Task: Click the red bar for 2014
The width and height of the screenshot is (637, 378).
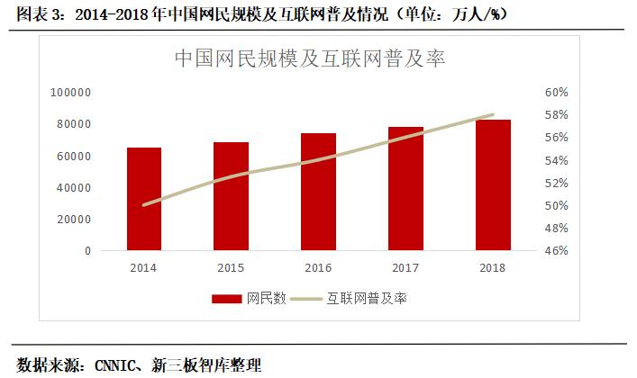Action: point(144,199)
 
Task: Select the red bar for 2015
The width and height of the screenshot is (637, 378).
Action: point(231,196)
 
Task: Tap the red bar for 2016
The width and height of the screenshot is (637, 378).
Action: point(318,192)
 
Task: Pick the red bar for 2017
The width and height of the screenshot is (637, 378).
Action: point(405,189)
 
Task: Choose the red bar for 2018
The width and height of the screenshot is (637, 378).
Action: point(493,184)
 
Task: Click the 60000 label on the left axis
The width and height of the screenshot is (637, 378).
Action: point(75,156)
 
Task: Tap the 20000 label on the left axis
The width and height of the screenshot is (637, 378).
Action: point(75,219)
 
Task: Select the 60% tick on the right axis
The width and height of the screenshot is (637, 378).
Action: point(557,93)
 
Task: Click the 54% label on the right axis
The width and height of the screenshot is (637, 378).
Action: point(557,160)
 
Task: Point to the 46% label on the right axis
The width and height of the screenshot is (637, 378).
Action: point(557,250)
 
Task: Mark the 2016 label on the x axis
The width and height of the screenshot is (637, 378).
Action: point(318,267)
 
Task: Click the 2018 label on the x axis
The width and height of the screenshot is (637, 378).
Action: point(493,267)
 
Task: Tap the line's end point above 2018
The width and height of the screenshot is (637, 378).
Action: point(493,115)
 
